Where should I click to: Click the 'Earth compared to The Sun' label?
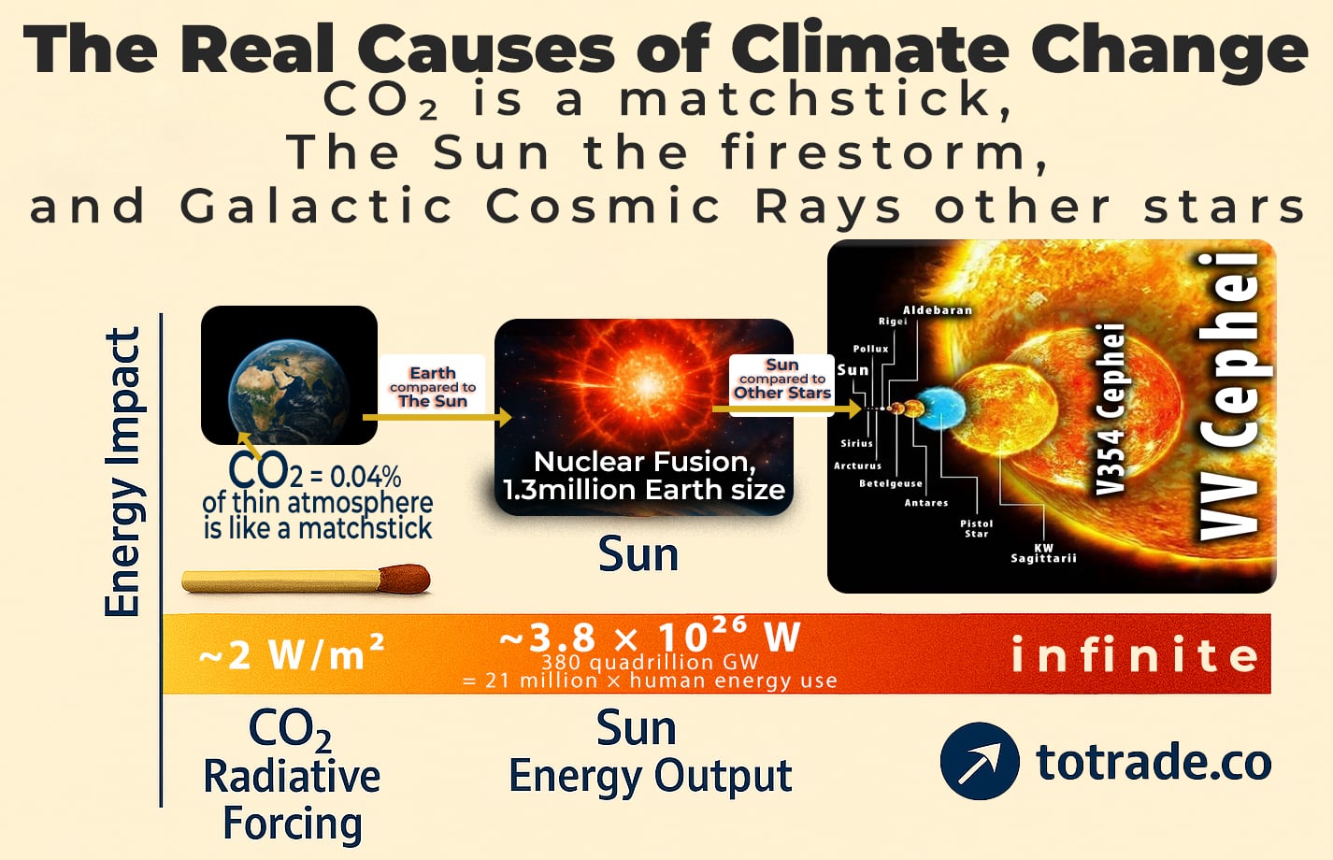[432, 387]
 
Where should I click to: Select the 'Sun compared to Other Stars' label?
[781, 379]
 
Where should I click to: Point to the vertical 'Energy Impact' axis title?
[122, 472]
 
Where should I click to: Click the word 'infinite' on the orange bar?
[1135, 655]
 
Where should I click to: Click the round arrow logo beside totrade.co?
[979, 761]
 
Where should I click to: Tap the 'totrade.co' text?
[1154, 762]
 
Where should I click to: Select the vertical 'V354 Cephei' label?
[1110, 408]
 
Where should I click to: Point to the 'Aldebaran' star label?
[937, 310]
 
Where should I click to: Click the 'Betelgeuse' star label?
[890, 483]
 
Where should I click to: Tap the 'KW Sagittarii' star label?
[1043, 553]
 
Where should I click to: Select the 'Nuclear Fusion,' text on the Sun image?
[644, 462]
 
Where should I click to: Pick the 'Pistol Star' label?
[976, 528]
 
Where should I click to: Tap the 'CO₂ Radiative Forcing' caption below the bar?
[292, 776]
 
